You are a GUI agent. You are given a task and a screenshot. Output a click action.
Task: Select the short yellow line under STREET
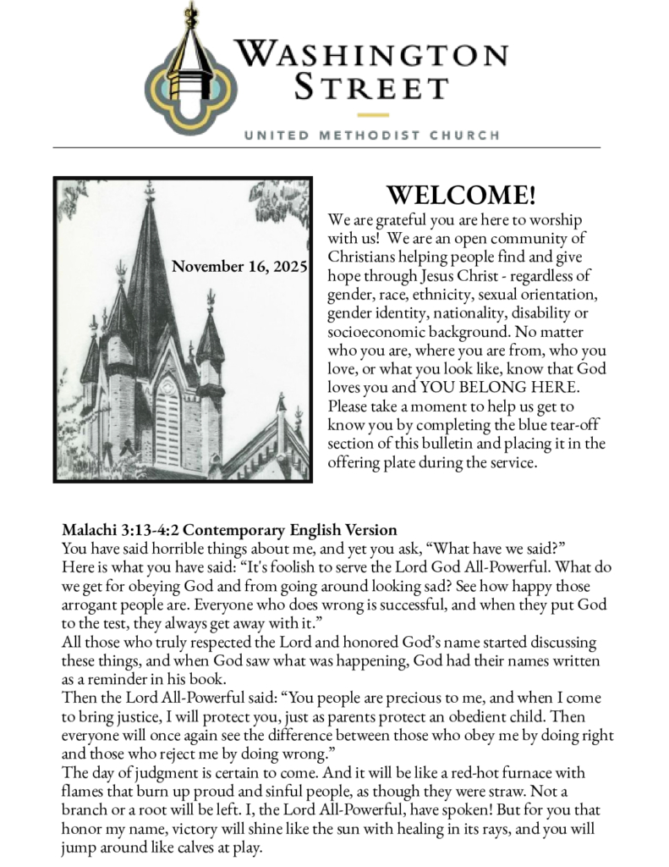pos(372,114)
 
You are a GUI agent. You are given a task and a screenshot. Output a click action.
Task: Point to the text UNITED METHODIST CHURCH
pos(371,135)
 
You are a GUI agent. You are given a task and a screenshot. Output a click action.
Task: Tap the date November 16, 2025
pos(239,267)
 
